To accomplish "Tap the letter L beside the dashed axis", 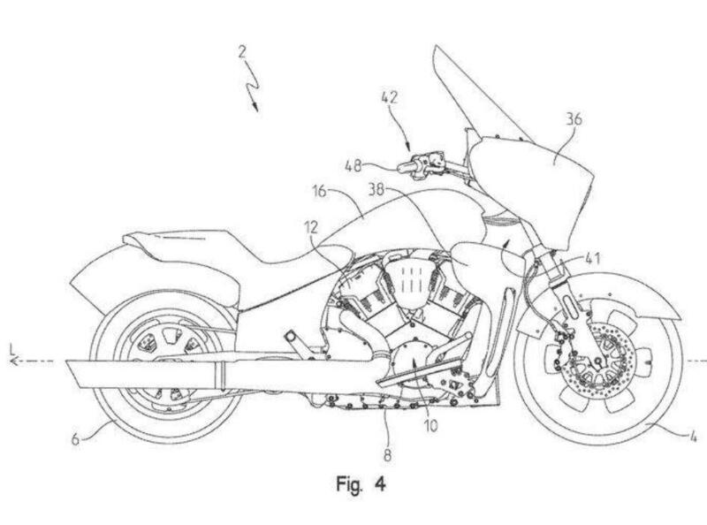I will point(9,353).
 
